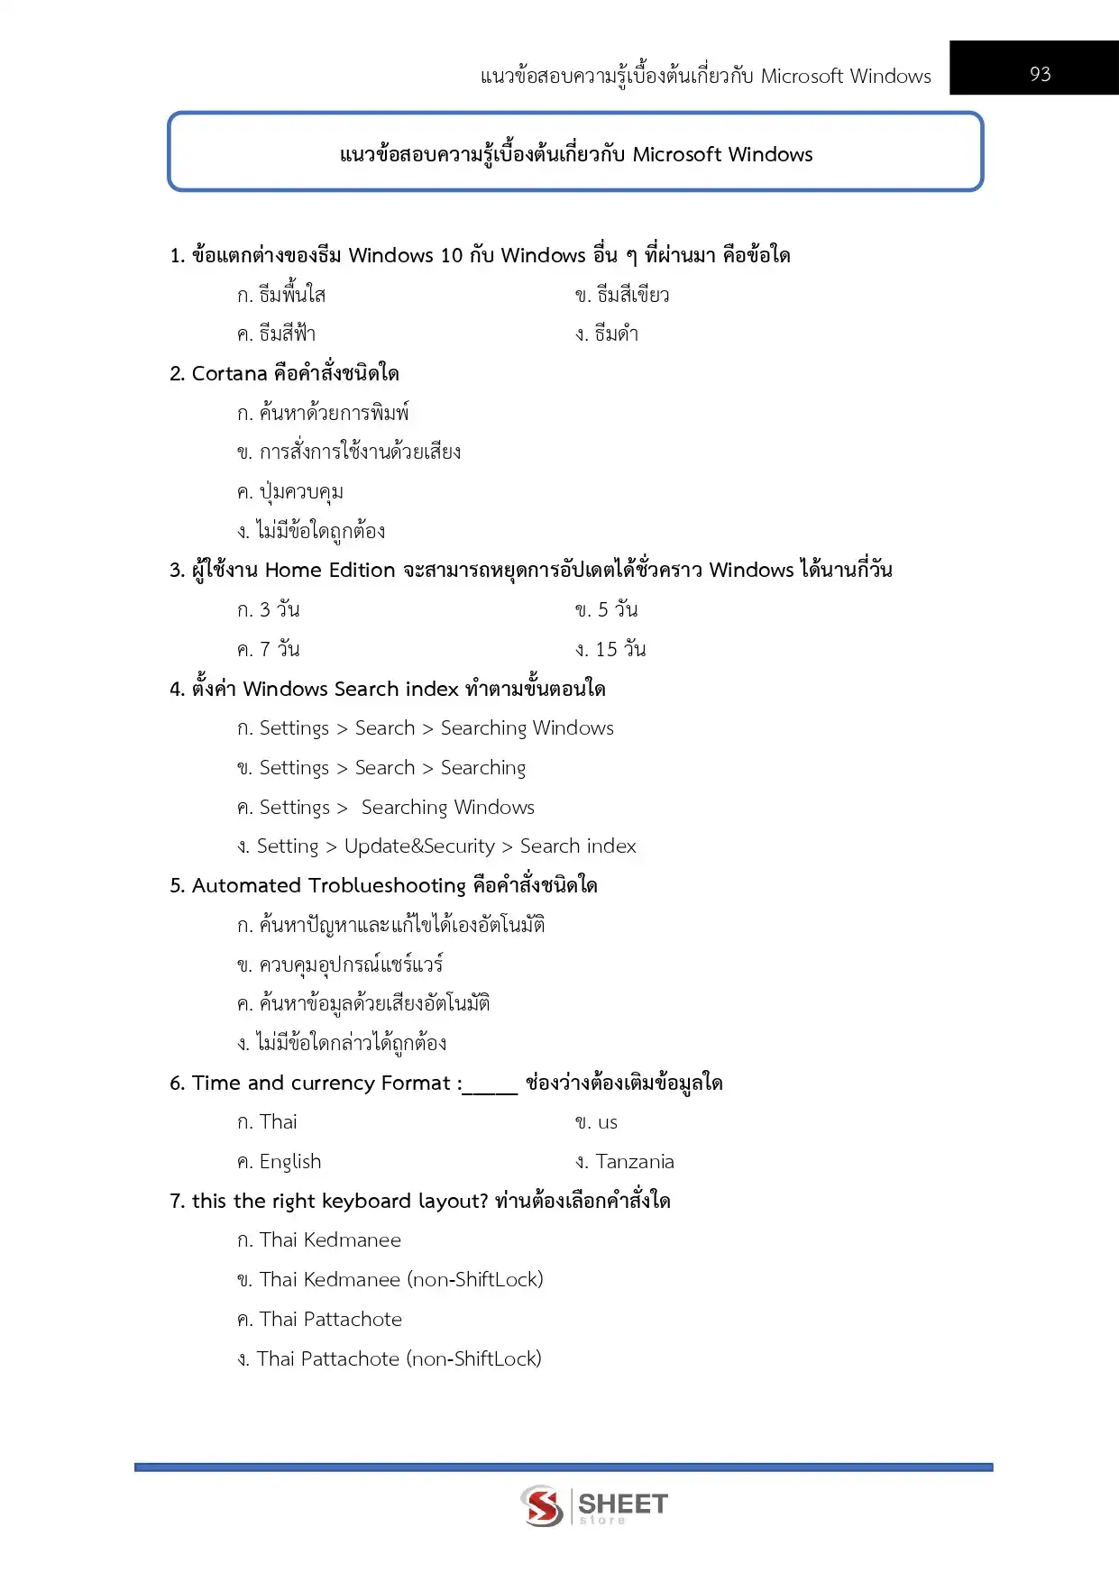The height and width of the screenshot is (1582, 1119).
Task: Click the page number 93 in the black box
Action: pyautogui.click(x=1040, y=74)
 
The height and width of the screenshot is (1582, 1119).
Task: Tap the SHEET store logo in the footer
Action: pyautogui.click(x=594, y=1505)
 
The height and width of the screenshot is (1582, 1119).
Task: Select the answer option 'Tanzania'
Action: pyautogui.click(x=634, y=1161)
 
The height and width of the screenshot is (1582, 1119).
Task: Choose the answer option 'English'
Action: pyautogui.click(x=289, y=1161)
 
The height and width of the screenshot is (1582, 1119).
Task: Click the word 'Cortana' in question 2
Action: pyautogui.click(x=229, y=373)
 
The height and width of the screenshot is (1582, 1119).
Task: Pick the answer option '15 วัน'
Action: pyautogui.click(x=620, y=649)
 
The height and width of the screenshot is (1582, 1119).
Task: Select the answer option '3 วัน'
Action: pyautogui.click(x=279, y=609)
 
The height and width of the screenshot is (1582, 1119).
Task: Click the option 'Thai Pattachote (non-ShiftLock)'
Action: pyautogui.click(x=399, y=1358)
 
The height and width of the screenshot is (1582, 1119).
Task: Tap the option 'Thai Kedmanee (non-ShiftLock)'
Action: pyautogui.click(x=400, y=1279)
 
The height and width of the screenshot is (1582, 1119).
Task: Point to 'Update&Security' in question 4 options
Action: pyautogui.click(x=419, y=846)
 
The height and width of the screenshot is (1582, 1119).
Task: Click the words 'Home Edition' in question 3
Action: pyautogui.click(x=330, y=570)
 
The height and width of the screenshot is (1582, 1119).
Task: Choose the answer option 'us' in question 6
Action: pyautogui.click(x=607, y=1122)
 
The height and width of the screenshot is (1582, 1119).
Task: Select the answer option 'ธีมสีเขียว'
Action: pyautogui.click(x=632, y=295)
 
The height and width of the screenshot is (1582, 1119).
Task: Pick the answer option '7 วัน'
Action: pyautogui.click(x=280, y=649)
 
